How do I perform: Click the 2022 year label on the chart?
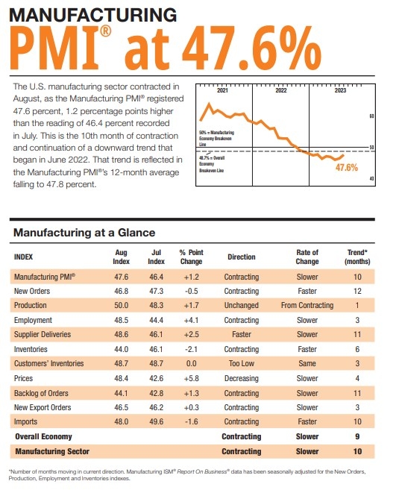click(x=281, y=90)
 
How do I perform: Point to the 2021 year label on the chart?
click(x=222, y=90)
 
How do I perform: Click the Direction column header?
click(x=242, y=257)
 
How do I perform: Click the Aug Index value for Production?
click(x=121, y=305)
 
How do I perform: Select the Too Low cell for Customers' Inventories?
click(x=242, y=363)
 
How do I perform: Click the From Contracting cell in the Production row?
click(x=307, y=305)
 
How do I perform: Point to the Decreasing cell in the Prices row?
click(x=242, y=378)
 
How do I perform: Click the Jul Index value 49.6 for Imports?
click(x=156, y=421)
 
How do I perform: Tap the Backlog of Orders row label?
click(x=42, y=392)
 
